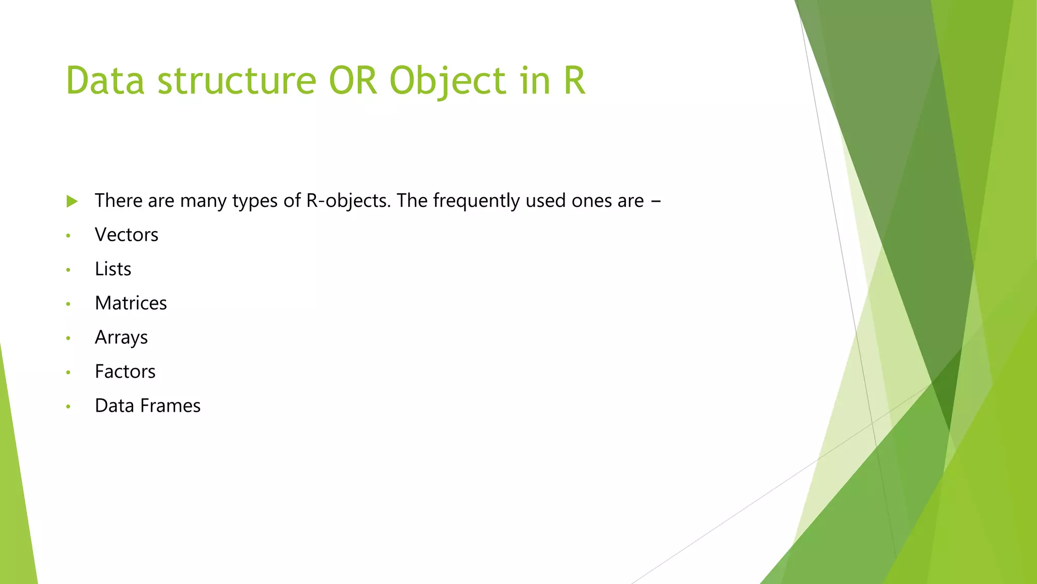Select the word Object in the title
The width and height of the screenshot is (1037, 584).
coord(448,81)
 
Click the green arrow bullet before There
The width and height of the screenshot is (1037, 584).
coord(72,201)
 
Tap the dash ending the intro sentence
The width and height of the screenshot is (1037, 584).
coord(656,201)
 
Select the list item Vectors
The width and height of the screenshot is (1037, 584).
coord(127,235)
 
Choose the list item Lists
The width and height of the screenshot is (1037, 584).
coord(113,269)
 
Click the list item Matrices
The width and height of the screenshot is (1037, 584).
coord(131,303)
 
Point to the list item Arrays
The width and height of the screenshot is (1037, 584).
coord(121,338)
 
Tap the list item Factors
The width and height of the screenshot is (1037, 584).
coord(125,372)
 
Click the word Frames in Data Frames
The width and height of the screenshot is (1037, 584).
coord(170,406)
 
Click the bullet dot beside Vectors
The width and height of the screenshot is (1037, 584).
coord(68,236)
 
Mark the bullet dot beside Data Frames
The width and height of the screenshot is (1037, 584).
coord(68,407)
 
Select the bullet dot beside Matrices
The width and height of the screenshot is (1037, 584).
coord(68,304)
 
